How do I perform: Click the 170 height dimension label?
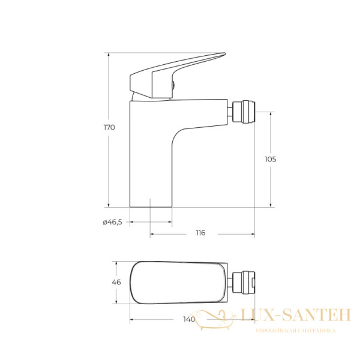click(109, 127)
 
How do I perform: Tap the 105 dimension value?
click(271, 159)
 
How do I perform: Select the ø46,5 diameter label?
click(113, 222)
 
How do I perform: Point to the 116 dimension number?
click(200, 233)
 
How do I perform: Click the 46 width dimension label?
click(116, 282)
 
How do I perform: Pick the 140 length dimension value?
click(189, 319)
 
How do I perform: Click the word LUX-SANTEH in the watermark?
click(296, 315)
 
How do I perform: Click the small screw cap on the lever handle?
click(173, 85)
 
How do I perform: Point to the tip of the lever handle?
click(225, 54)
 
